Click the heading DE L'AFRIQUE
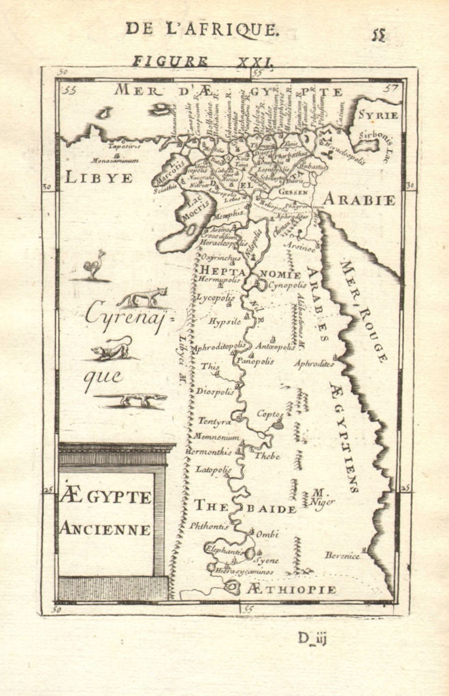(x=201, y=29)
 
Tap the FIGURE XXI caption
(x=203, y=61)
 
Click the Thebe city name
(x=267, y=456)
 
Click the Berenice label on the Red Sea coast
(x=342, y=555)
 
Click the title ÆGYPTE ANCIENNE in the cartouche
(x=105, y=513)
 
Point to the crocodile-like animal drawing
(x=131, y=400)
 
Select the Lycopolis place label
(x=215, y=298)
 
